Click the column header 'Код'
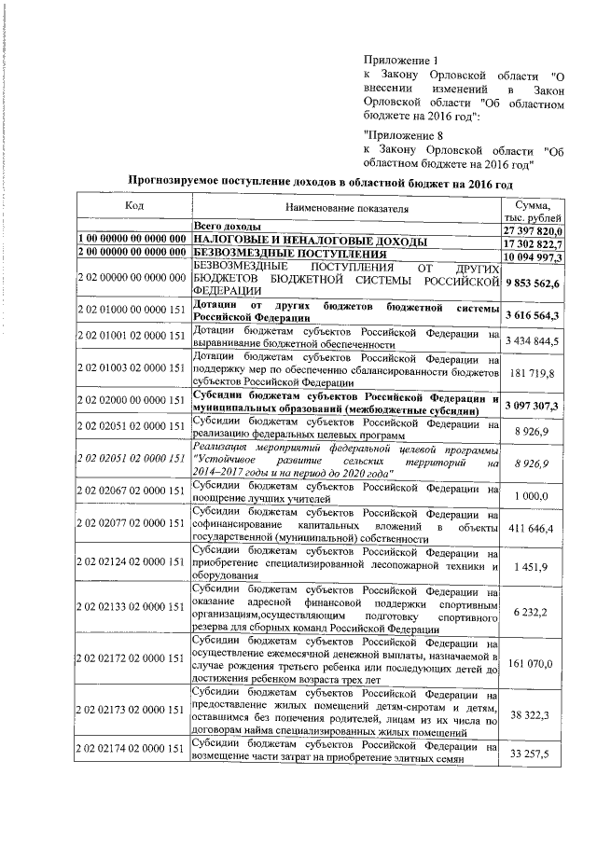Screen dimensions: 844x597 (133, 204)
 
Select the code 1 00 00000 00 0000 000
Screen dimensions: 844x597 (132, 241)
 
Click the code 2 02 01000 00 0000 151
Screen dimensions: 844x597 (132, 315)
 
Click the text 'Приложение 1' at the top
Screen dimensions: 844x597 (395, 60)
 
